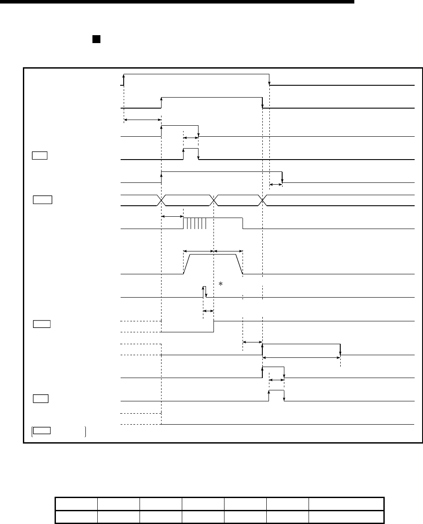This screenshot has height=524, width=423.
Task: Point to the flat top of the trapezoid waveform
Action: click(x=213, y=255)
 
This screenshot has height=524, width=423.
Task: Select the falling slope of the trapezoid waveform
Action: click(x=239, y=264)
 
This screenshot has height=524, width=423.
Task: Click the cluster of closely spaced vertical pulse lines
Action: click(x=195, y=223)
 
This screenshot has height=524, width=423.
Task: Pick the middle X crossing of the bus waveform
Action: click(x=214, y=200)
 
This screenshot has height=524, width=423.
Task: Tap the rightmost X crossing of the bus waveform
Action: click(x=263, y=200)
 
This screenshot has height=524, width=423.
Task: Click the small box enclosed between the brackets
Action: click(x=42, y=430)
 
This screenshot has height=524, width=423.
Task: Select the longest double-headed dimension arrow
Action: click(x=302, y=358)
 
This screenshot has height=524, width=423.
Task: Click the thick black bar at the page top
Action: click(x=176, y=2)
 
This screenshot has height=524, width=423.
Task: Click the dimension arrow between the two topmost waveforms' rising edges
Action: click(x=143, y=119)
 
